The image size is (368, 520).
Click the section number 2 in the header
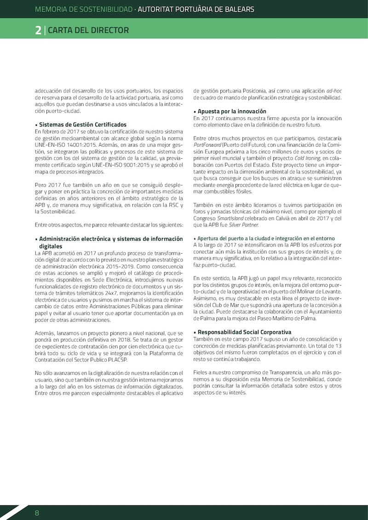click(x=38, y=30)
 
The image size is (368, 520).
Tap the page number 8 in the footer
click(x=37, y=513)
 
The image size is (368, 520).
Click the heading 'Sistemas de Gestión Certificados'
click(x=83, y=125)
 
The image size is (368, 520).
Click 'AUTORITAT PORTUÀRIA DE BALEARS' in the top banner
click(x=196, y=9)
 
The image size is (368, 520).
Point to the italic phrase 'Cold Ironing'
click(x=308, y=158)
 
